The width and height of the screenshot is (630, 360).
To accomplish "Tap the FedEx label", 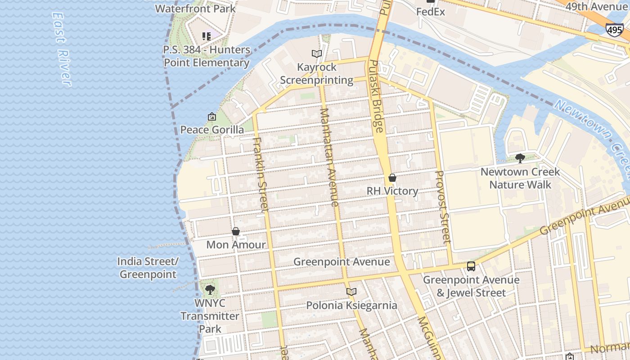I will tap(431, 12).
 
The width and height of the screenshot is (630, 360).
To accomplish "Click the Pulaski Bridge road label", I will tap(376, 96).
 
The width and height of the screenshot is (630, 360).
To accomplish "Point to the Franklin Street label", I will tap(261, 174).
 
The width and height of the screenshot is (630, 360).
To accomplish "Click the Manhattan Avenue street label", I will tap(329, 157).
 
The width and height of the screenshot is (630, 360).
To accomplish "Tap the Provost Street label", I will tap(443, 207).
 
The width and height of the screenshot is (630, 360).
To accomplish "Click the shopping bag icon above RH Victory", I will tap(392, 178).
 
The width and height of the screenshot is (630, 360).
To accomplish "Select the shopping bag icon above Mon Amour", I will tap(236, 232).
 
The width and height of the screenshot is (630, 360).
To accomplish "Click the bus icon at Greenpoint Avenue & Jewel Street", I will tap(471, 266).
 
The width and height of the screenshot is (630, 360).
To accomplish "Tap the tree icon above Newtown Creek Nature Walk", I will tap(520, 158).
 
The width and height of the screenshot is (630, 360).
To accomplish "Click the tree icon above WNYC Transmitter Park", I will tap(210, 290).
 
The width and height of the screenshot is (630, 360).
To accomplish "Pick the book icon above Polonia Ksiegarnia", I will tap(351, 292).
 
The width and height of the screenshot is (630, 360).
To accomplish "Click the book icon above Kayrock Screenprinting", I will tap(317, 54).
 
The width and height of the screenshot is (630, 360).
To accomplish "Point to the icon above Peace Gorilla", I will tap(212, 117).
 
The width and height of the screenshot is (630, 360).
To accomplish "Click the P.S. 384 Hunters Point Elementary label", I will tap(207, 56).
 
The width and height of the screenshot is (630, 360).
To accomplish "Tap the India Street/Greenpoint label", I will tap(148, 268).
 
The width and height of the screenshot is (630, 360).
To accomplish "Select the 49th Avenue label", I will tap(596, 7).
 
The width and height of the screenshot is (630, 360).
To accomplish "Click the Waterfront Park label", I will tap(195, 8).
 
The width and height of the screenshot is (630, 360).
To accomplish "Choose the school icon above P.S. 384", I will tap(207, 36).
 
